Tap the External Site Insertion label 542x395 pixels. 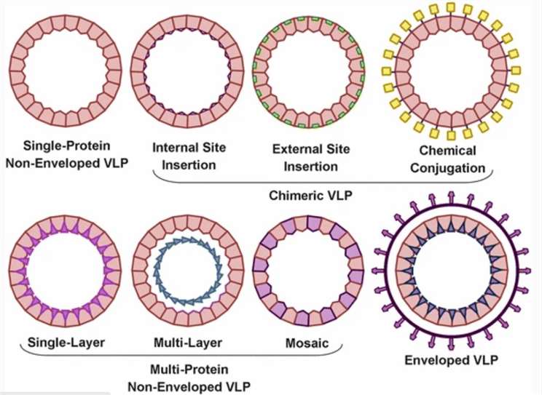click(x=307, y=156)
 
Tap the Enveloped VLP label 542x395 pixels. click(x=446, y=358)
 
